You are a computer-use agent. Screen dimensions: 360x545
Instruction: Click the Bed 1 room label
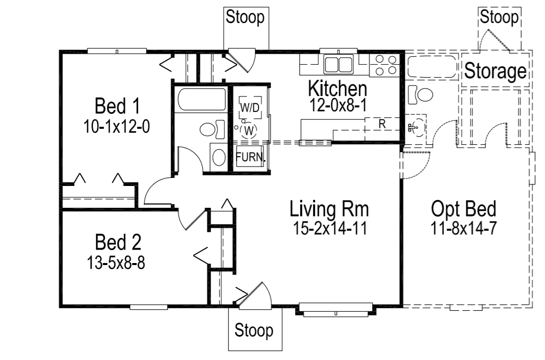click(x=117, y=106)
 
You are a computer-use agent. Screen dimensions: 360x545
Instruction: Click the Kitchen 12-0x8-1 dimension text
click(x=337, y=106)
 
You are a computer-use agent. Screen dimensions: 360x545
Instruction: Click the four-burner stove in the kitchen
click(x=386, y=65)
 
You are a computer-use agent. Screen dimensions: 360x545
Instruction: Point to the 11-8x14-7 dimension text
click(x=464, y=229)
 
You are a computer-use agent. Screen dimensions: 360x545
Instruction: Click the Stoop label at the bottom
click(x=254, y=330)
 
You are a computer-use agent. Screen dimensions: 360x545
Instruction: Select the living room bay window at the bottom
click(x=336, y=310)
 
